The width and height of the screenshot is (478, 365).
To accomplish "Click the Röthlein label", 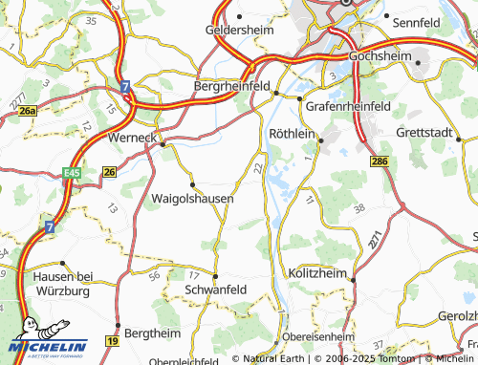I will [x=293, y=134].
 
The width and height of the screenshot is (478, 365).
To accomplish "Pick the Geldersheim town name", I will [x=241, y=31].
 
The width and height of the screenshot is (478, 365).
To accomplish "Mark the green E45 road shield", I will [x=72, y=171].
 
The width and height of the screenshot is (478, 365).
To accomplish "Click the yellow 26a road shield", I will [x=28, y=111].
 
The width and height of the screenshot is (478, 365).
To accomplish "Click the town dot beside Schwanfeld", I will [x=216, y=277].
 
